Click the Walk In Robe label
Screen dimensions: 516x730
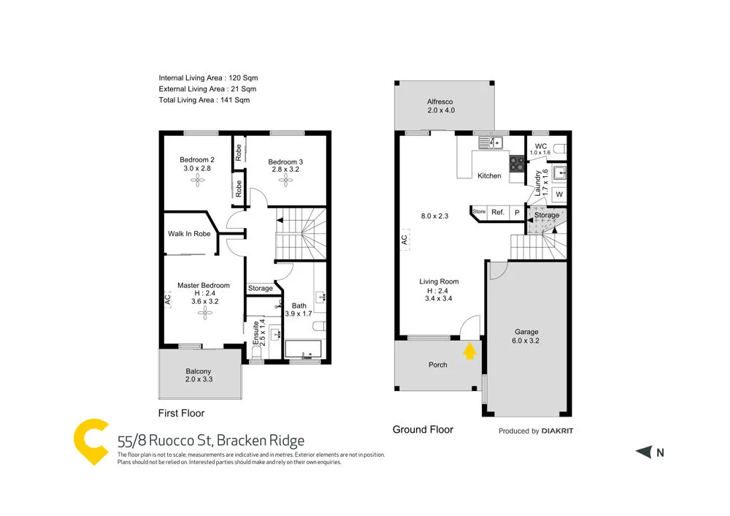coord(189,234)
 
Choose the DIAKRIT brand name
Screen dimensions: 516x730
coord(557,431)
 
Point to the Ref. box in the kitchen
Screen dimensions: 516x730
coord(498,212)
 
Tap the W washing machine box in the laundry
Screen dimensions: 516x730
coord(559,194)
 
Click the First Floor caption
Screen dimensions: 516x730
coord(182,413)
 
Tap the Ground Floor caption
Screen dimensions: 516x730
coord(423,430)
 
